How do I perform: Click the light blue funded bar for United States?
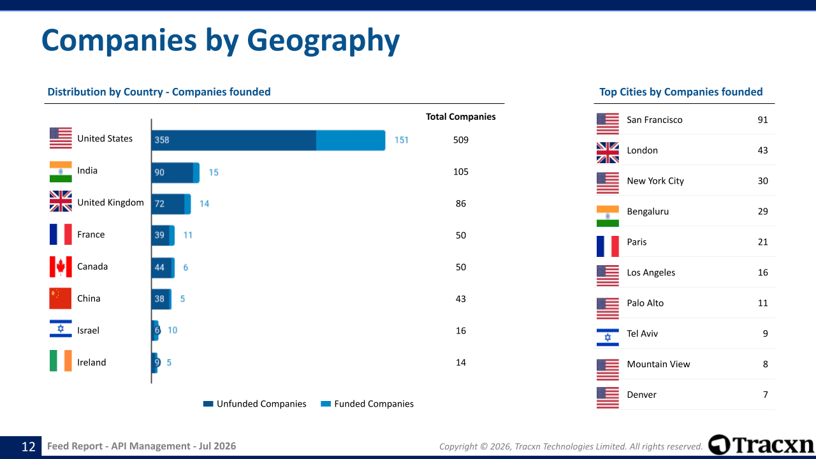point(351,140)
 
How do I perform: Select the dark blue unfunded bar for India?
point(172,173)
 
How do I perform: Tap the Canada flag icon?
point(61,266)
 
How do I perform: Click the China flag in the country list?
point(61,298)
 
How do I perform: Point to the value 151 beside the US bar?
point(402,140)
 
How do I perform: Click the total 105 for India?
point(461,171)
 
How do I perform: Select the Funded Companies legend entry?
point(367,404)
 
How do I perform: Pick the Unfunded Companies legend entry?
point(254,404)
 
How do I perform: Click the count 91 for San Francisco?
point(763,120)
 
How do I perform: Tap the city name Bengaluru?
point(648,212)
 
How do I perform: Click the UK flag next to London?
point(608,152)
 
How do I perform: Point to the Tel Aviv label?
point(642,333)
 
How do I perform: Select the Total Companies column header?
point(461,117)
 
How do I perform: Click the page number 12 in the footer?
point(29,447)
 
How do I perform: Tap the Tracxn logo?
point(761,444)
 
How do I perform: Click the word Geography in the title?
point(323,41)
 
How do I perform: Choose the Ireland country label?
point(91,363)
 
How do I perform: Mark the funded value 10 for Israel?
point(172,330)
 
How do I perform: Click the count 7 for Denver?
point(766,395)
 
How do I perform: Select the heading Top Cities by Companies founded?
point(681,92)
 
